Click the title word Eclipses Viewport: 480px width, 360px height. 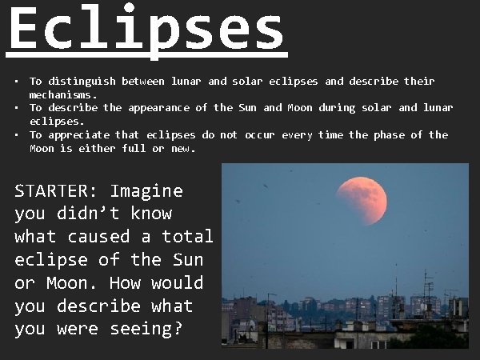pyautogui.click(x=146, y=30)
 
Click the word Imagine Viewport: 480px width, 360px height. pyautogui.click(x=146, y=192)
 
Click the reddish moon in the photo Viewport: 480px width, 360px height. pyautogui.click(x=362, y=201)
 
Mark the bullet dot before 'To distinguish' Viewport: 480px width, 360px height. pyautogui.click(x=16, y=82)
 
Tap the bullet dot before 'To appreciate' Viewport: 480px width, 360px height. pyautogui.click(x=16, y=134)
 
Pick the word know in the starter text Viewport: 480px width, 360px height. pyautogui.click(x=152, y=214)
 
